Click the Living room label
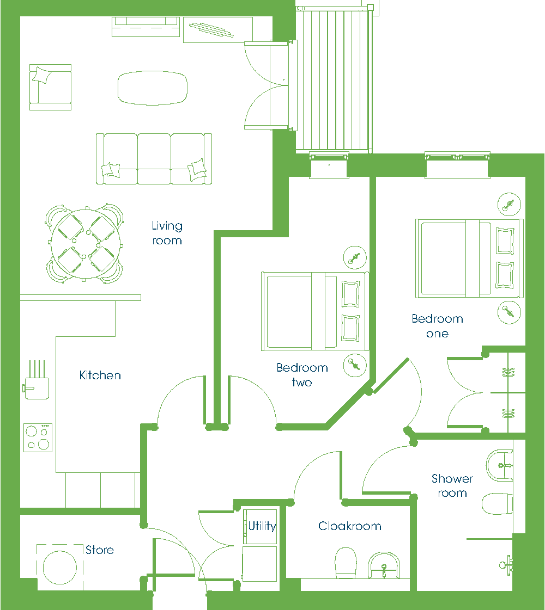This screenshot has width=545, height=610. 167,233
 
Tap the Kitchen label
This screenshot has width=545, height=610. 100,375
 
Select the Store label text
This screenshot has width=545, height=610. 100,550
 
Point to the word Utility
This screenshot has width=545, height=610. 262,526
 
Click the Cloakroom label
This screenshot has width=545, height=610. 350,526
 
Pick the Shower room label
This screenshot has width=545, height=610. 452,485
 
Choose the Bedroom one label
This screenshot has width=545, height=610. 438,326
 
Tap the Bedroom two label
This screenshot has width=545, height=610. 302,375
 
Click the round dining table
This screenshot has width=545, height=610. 86,244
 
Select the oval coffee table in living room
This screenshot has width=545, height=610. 153,88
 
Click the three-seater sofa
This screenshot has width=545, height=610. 154,159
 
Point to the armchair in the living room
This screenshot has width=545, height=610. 50,87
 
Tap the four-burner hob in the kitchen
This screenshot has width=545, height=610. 38,438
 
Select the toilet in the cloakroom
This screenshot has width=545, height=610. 346,563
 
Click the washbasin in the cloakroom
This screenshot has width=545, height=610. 384,565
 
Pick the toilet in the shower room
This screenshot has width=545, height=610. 498,504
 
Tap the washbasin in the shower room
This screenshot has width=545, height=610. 500,465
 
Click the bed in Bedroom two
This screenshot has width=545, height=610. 315,311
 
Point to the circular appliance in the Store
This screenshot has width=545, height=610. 60,568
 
